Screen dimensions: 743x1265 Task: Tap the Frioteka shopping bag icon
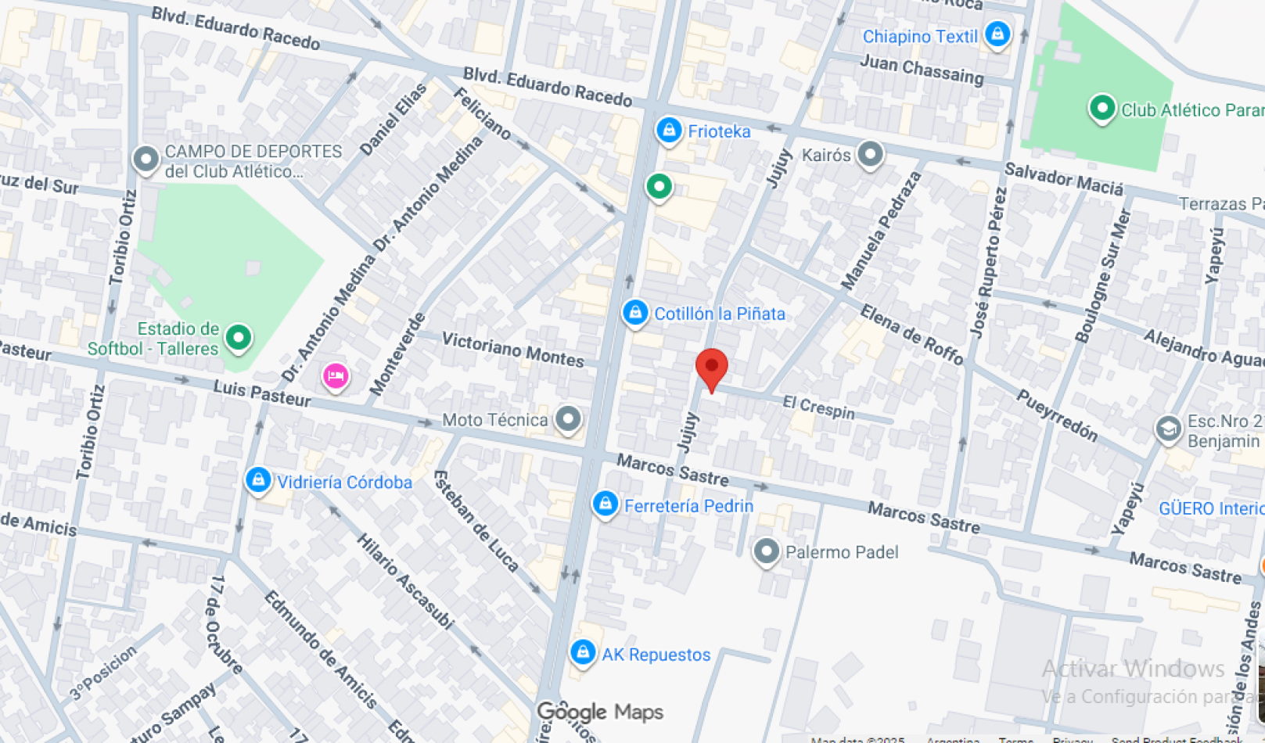tap(668, 131)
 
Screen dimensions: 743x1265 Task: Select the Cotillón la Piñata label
tap(719, 314)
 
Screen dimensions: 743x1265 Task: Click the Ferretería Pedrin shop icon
tap(605, 504)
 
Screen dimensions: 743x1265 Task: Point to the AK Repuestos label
tap(656, 655)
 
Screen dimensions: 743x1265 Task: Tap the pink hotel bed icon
tap(336, 376)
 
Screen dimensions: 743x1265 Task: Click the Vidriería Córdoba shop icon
tap(258, 480)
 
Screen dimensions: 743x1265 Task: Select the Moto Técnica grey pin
tap(568, 418)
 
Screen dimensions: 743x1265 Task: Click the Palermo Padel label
tap(841, 552)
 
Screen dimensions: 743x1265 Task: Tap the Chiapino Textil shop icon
tap(997, 34)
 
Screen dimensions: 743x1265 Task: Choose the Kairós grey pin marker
tap(869, 154)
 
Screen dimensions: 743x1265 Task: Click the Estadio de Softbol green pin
tap(239, 338)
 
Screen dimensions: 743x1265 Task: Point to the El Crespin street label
tap(818, 407)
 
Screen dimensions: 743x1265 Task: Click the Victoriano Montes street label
tap(512, 349)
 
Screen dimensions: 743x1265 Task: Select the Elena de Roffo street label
tap(911, 335)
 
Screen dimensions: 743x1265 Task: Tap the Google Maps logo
tap(600, 712)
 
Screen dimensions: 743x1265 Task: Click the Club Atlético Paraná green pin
tap(1101, 109)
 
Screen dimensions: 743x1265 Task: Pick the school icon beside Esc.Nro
tap(1168, 429)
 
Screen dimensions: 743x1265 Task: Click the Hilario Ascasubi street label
tap(404, 581)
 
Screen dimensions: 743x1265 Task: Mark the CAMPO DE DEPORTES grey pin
tap(146, 159)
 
